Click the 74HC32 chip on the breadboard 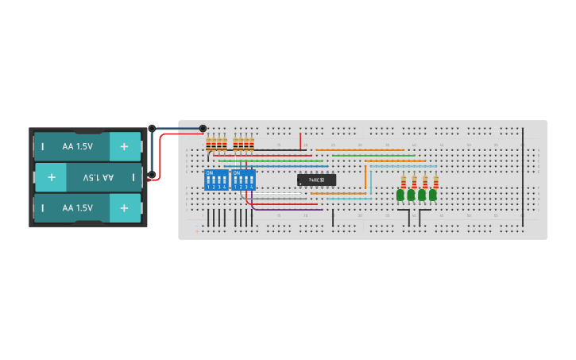(x=316, y=180)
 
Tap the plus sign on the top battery (x=124, y=147)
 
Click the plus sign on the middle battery (x=52, y=177)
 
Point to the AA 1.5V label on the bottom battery (x=78, y=207)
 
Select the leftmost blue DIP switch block (x=216, y=180)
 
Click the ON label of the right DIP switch (x=237, y=172)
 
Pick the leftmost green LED (x=400, y=195)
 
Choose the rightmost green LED (x=433, y=195)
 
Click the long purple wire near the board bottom (x=286, y=209)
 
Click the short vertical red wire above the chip (x=300, y=141)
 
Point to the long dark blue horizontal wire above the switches (x=278, y=166)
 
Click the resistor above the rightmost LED (x=435, y=181)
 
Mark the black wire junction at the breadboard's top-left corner (x=203, y=128)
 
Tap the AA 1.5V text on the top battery (x=78, y=147)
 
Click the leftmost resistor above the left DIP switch (x=209, y=144)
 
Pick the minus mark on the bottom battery (x=43, y=207)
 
